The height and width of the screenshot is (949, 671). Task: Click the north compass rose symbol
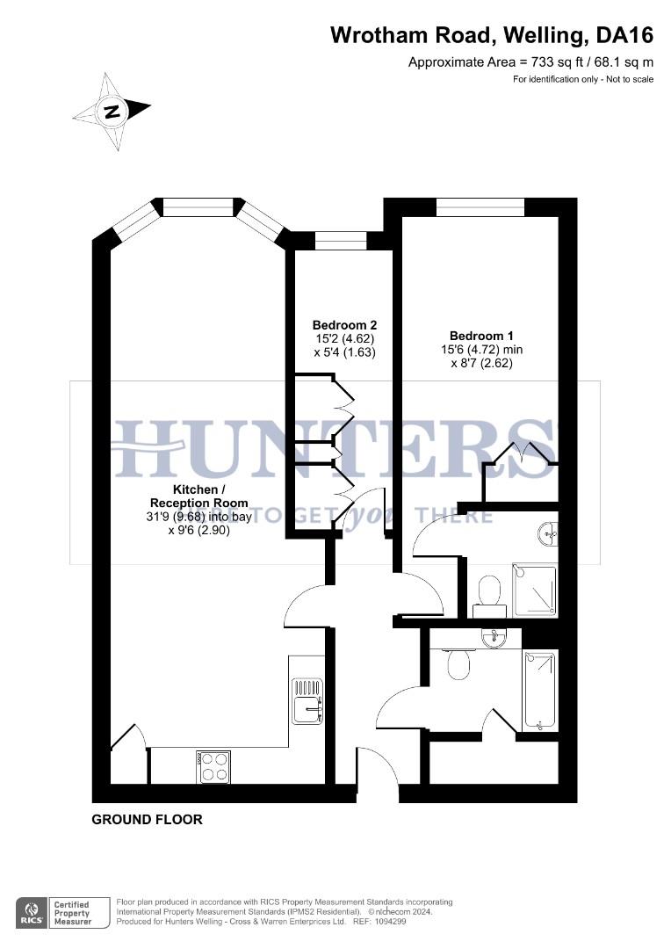pos(112,112)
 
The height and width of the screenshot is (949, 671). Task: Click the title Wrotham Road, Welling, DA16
pos(492,35)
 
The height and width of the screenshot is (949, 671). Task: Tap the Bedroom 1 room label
pos(481,336)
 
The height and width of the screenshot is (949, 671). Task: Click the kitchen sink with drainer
pos(307,701)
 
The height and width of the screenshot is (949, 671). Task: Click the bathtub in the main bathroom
pos(539,691)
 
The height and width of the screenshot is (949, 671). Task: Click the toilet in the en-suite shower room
pos(489,590)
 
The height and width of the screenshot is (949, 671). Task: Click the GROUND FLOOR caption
pos(148,820)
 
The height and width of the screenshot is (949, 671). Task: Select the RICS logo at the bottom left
pos(31,911)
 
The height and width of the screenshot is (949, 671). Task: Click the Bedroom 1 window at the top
pos(480,207)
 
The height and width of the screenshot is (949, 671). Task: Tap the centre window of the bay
pos(199,207)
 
